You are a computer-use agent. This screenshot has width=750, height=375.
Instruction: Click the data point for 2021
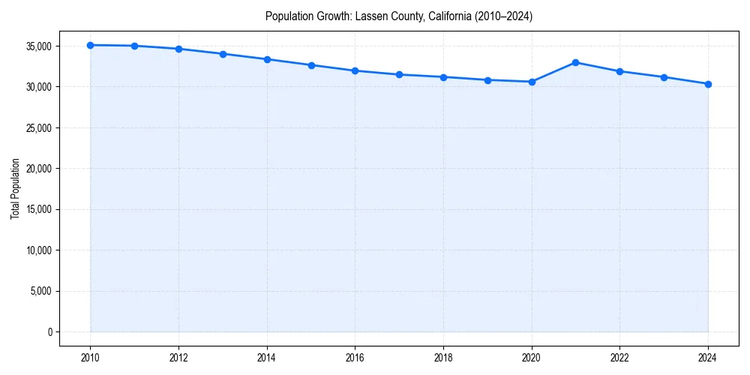coord(575,62)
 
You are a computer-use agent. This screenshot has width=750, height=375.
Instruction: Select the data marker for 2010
coord(90,45)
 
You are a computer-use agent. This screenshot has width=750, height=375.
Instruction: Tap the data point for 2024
coord(708,84)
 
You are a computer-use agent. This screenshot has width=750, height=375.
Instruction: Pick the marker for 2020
coord(532,82)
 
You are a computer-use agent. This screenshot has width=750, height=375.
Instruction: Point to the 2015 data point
coord(311,65)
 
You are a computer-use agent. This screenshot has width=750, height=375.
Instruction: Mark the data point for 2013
coord(223,54)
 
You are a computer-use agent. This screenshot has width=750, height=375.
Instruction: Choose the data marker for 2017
coord(399,74)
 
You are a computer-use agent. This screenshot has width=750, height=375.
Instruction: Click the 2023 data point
coord(664,77)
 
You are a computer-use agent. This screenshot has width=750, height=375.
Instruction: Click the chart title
coord(399,16)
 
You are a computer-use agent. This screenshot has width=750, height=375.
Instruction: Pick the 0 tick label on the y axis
coord(49,331)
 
